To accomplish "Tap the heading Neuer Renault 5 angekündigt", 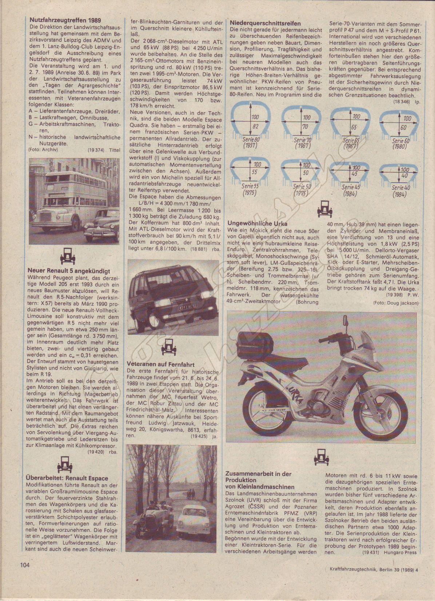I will click(69, 271).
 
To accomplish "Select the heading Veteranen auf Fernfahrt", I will click(161, 364).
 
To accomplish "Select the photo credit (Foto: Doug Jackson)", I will click(395, 303).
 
